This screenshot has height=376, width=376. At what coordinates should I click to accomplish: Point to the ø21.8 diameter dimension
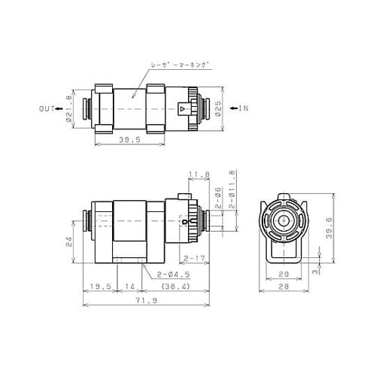69,108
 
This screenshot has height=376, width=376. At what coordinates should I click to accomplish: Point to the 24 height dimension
69,242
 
